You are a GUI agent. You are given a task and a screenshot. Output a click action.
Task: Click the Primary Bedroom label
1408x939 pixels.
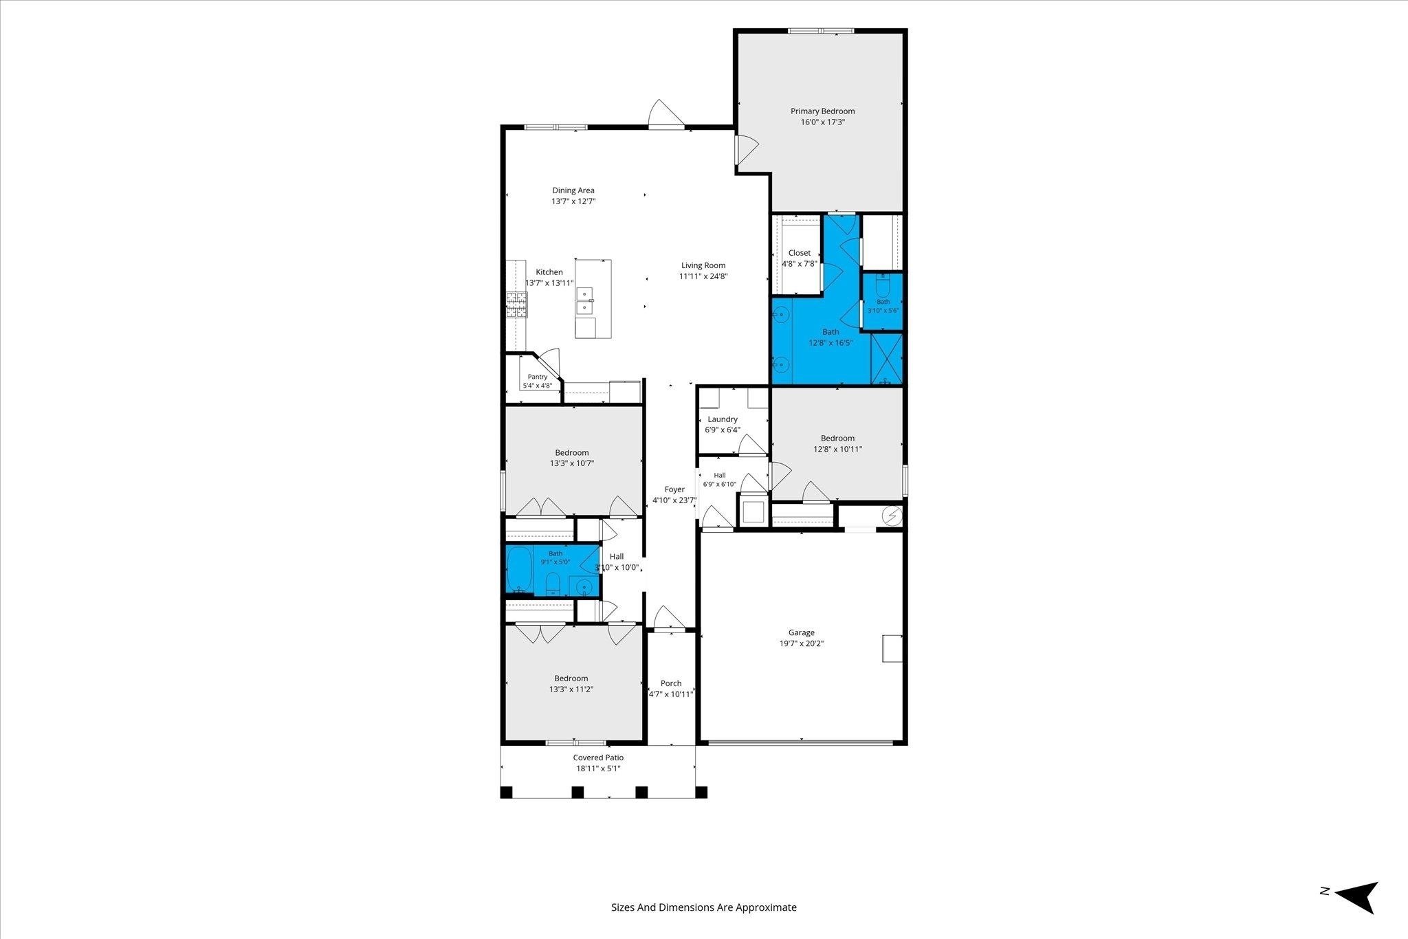[x=822, y=111]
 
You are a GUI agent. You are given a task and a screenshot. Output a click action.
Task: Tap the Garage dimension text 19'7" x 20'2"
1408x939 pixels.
[x=802, y=644]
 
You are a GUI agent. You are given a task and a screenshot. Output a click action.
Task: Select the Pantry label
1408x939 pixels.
[x=538, y=377]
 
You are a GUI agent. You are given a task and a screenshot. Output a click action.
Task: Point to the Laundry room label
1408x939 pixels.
[x=723, y=419]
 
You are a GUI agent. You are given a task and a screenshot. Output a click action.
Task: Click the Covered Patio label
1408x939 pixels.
[x=599, y=758]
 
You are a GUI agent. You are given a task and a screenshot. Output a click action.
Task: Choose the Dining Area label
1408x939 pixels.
[x=573, y=190]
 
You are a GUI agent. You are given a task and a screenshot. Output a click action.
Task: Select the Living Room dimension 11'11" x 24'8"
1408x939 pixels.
[x=703, y=276]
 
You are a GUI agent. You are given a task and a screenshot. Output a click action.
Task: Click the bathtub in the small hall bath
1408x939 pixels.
[x=520, y=570]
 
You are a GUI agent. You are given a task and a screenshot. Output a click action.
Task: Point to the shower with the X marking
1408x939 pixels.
[x=887, y=358]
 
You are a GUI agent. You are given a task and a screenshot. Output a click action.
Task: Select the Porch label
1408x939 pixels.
[x=671, y=683]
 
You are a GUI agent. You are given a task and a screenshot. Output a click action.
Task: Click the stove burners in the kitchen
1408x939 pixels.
[x=517, y=305]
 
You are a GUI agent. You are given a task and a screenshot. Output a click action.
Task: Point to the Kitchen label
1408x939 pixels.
[x=549, y=272]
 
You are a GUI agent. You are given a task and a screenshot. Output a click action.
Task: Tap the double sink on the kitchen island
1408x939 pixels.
[x=585, y=300]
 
